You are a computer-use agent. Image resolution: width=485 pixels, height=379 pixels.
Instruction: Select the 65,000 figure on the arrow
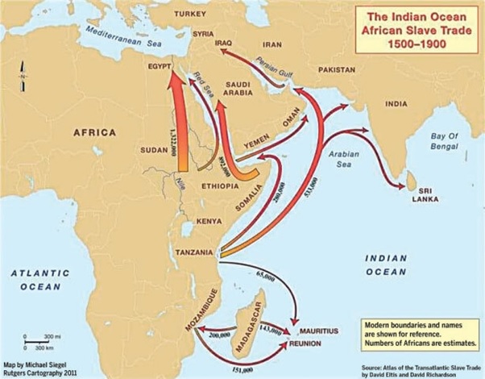266,277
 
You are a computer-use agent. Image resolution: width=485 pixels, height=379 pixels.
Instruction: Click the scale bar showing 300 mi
37,337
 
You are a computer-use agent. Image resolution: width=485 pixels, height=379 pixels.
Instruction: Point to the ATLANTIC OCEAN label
39,280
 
